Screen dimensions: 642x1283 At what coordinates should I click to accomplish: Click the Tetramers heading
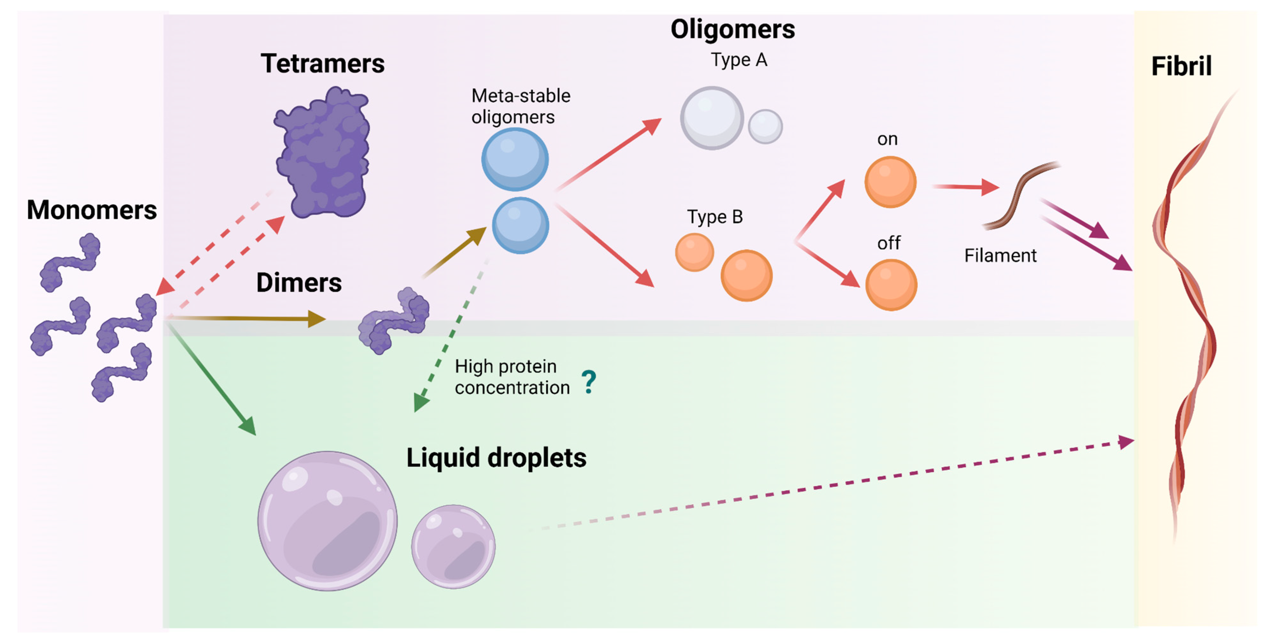click(x=322, y=64)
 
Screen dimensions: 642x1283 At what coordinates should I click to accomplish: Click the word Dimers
click(x=299, y=282)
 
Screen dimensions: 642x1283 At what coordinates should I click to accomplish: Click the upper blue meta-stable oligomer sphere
click(x=515, y=160)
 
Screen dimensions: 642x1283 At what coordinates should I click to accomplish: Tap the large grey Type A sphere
click(x=712, y=118)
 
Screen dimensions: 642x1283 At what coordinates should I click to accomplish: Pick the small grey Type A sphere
click(x=765, y=127)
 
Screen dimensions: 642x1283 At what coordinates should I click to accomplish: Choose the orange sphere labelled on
click(x=890, y=182)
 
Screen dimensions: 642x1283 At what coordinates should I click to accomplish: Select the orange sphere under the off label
click(x=891, y=285)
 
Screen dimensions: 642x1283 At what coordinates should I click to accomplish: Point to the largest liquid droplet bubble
click(x=327, y=521)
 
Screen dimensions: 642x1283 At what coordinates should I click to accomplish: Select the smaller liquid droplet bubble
click(x=453, y=547)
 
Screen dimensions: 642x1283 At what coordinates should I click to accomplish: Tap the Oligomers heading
click(x=732, y=29)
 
